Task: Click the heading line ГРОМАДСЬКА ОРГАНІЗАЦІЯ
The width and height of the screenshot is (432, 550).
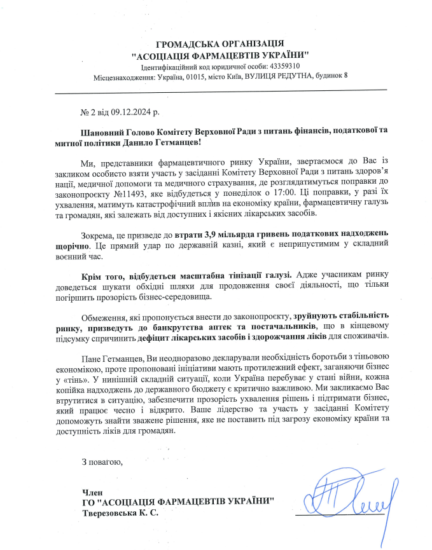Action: pos(219,43)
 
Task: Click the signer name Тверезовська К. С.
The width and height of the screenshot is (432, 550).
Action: pos(118,512)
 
